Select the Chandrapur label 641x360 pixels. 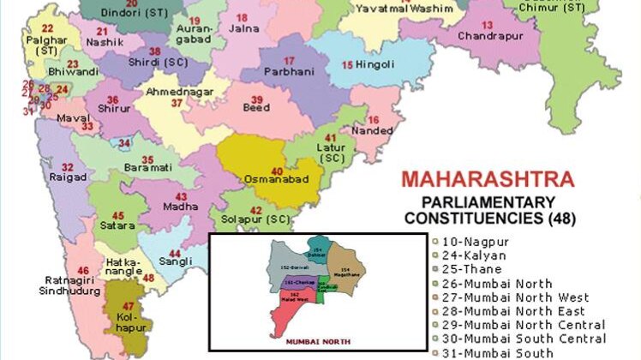click(489, 37)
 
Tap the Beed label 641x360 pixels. click(256, 108)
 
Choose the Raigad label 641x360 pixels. click(68, 177)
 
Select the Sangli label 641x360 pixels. click(175, 264)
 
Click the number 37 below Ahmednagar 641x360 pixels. click(177, 103)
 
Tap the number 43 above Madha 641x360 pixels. click(181, 196)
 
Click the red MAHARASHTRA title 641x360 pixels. click(488, 181)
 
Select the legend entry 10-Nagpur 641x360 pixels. click(469, 242)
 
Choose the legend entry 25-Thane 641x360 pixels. click(466, 269)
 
